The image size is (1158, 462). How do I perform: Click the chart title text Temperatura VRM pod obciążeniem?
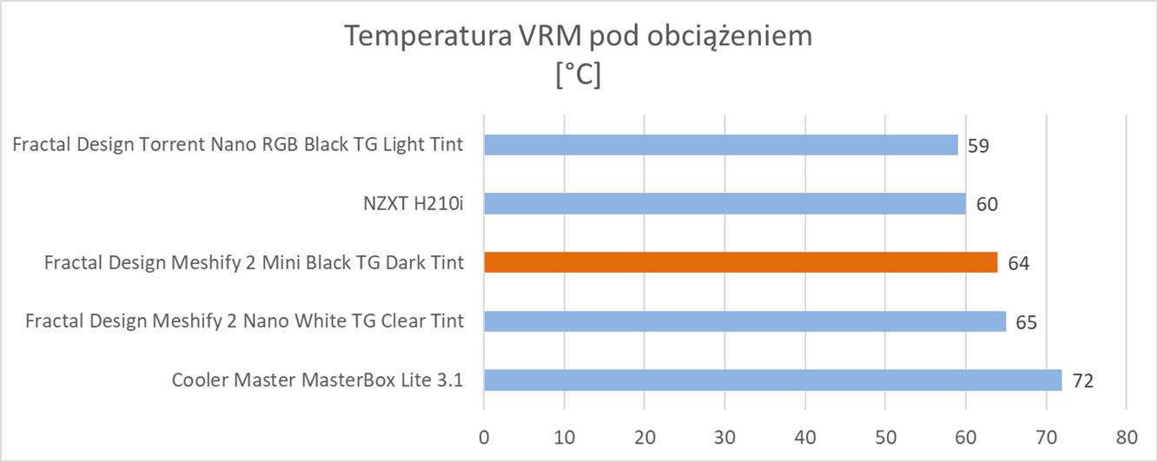tap(579, 37)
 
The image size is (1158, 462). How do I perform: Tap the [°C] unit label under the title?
tap(579, 76)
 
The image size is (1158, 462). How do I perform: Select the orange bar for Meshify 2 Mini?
tap(740, 262)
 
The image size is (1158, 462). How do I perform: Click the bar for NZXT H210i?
tap(725, 203)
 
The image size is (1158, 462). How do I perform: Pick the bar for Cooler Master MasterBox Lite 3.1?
tap(772, 380)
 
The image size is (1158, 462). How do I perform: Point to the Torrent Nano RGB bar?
tap(720, 144)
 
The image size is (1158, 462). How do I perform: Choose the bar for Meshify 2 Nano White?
tap(744, 321)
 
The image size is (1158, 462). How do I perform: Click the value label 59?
tap(977, 145)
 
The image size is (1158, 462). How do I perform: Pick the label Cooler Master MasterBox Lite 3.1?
tap(317, 380)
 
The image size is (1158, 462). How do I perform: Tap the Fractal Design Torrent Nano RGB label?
tap(238, 144)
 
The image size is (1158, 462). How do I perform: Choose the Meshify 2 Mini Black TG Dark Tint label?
tap(254, 262)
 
